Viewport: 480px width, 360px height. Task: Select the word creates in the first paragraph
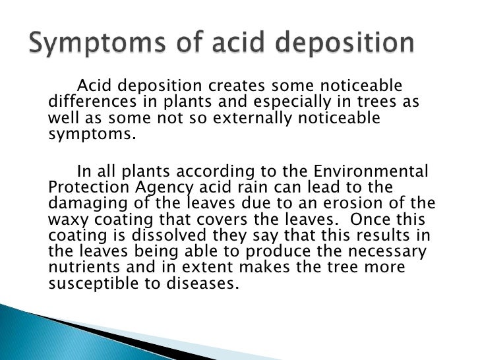(x=235, y=87)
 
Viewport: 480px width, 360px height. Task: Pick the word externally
(x=246, y=119)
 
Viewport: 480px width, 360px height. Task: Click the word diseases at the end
(x=205, y=283)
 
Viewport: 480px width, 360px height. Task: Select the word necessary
(x=388, y=251)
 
